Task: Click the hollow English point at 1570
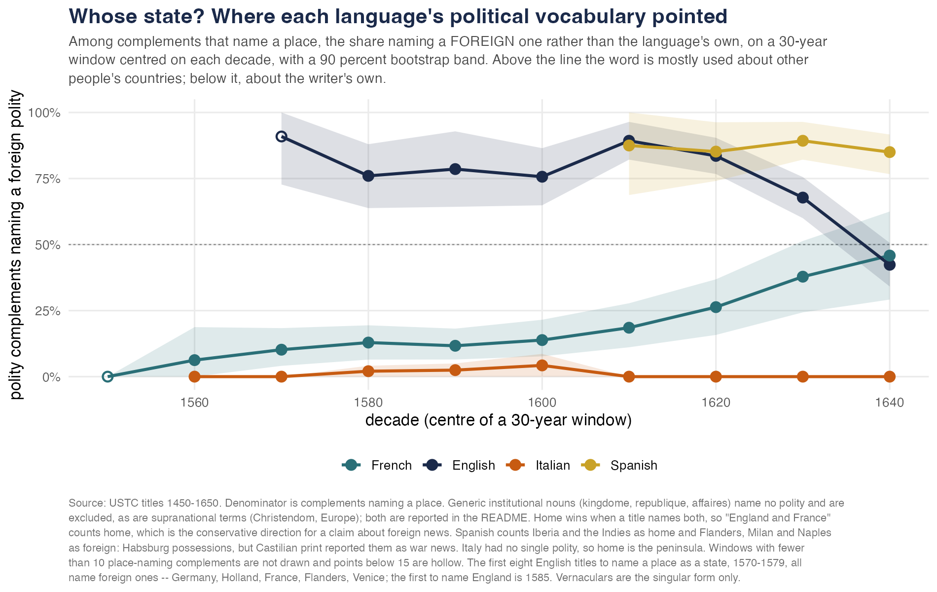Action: pos(282,136)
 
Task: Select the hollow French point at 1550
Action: pos(108,377)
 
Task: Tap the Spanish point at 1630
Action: pos(803,141)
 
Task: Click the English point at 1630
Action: pos(803,198)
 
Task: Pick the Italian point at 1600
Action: pos(542,365)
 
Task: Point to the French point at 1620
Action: pos(716,307)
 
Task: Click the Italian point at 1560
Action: pos(195,377)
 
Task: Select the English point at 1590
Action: pos(455,169)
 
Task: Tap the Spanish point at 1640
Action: pos(890,152)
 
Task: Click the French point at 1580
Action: pos(368,342)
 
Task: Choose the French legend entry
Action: pos(377,465)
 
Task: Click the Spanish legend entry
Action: pos(619,465)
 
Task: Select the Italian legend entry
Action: pos(538,465)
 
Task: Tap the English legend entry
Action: pos(459,465)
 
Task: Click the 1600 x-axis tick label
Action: pos(542,403)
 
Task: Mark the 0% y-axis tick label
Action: pos(51,377)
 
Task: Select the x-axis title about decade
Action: pos(499,420)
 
